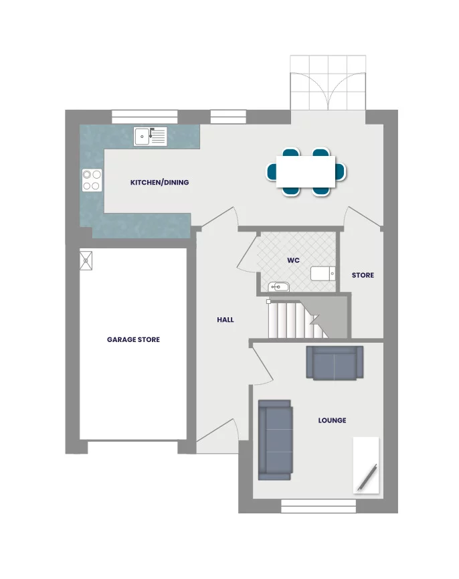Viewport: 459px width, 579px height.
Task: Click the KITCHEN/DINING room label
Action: pyautogui.click(x=159, y=182)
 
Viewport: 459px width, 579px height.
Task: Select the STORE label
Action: pyautogui.click(x=363, y=275)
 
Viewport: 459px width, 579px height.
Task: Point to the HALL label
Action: pyautogui.click(x=225, y=320)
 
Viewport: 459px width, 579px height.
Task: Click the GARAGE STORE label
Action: pyautogui.click(x=133, y=339)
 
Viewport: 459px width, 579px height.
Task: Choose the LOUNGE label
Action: pyautogui.click(x=332, y=420)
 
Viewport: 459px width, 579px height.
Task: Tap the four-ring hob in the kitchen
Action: pyautogui.click(x=92, y=179)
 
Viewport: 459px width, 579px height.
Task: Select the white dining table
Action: pyautogui.click(x=306, y=171)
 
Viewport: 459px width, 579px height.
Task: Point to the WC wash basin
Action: pyautogui.click(x=278, y=287)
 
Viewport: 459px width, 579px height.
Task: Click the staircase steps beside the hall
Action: pyautogui.click(x=291, y=320)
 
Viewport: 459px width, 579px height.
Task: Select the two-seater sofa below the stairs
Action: pyautogui.click(x=335, y=363)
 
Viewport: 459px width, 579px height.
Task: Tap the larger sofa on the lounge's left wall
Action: pyautogui.click(x=275, y=440)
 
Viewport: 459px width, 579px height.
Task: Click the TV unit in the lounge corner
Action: pyautogui.click(x=366, y=466)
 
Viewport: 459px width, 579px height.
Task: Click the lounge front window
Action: pyautogui.click(x=318, y=507)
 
